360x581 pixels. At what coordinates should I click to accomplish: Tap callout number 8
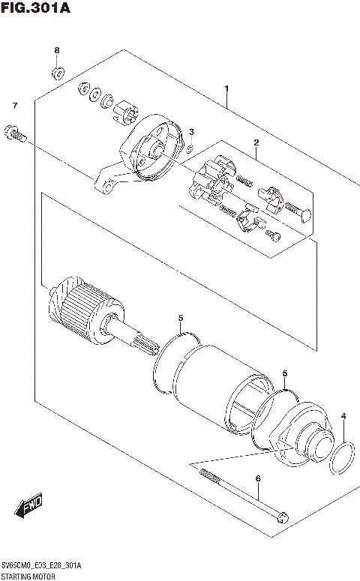[x=56, y=50]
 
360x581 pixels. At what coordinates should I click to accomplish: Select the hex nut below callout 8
[x=57, y=73]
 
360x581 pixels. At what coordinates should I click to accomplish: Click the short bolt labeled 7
[x=16, y=134]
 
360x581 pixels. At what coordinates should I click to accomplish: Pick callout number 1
[x=226, y=89]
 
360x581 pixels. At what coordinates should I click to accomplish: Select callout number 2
[x=256, y=142]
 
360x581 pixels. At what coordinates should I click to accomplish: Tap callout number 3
[x=191, y=132]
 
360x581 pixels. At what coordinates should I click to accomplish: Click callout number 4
[x=343, y=416]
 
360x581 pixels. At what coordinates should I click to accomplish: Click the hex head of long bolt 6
[x=281, y=517]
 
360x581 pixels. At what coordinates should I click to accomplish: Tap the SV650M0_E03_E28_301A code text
[x=41, y=565]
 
